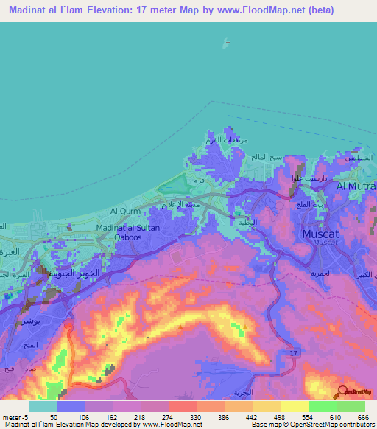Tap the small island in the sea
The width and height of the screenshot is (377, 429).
point(225,41)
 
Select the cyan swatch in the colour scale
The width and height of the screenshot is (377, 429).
point(43,406)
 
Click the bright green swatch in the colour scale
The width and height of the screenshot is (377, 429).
point(323,406)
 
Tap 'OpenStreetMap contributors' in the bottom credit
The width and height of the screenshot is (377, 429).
point(331,425)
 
